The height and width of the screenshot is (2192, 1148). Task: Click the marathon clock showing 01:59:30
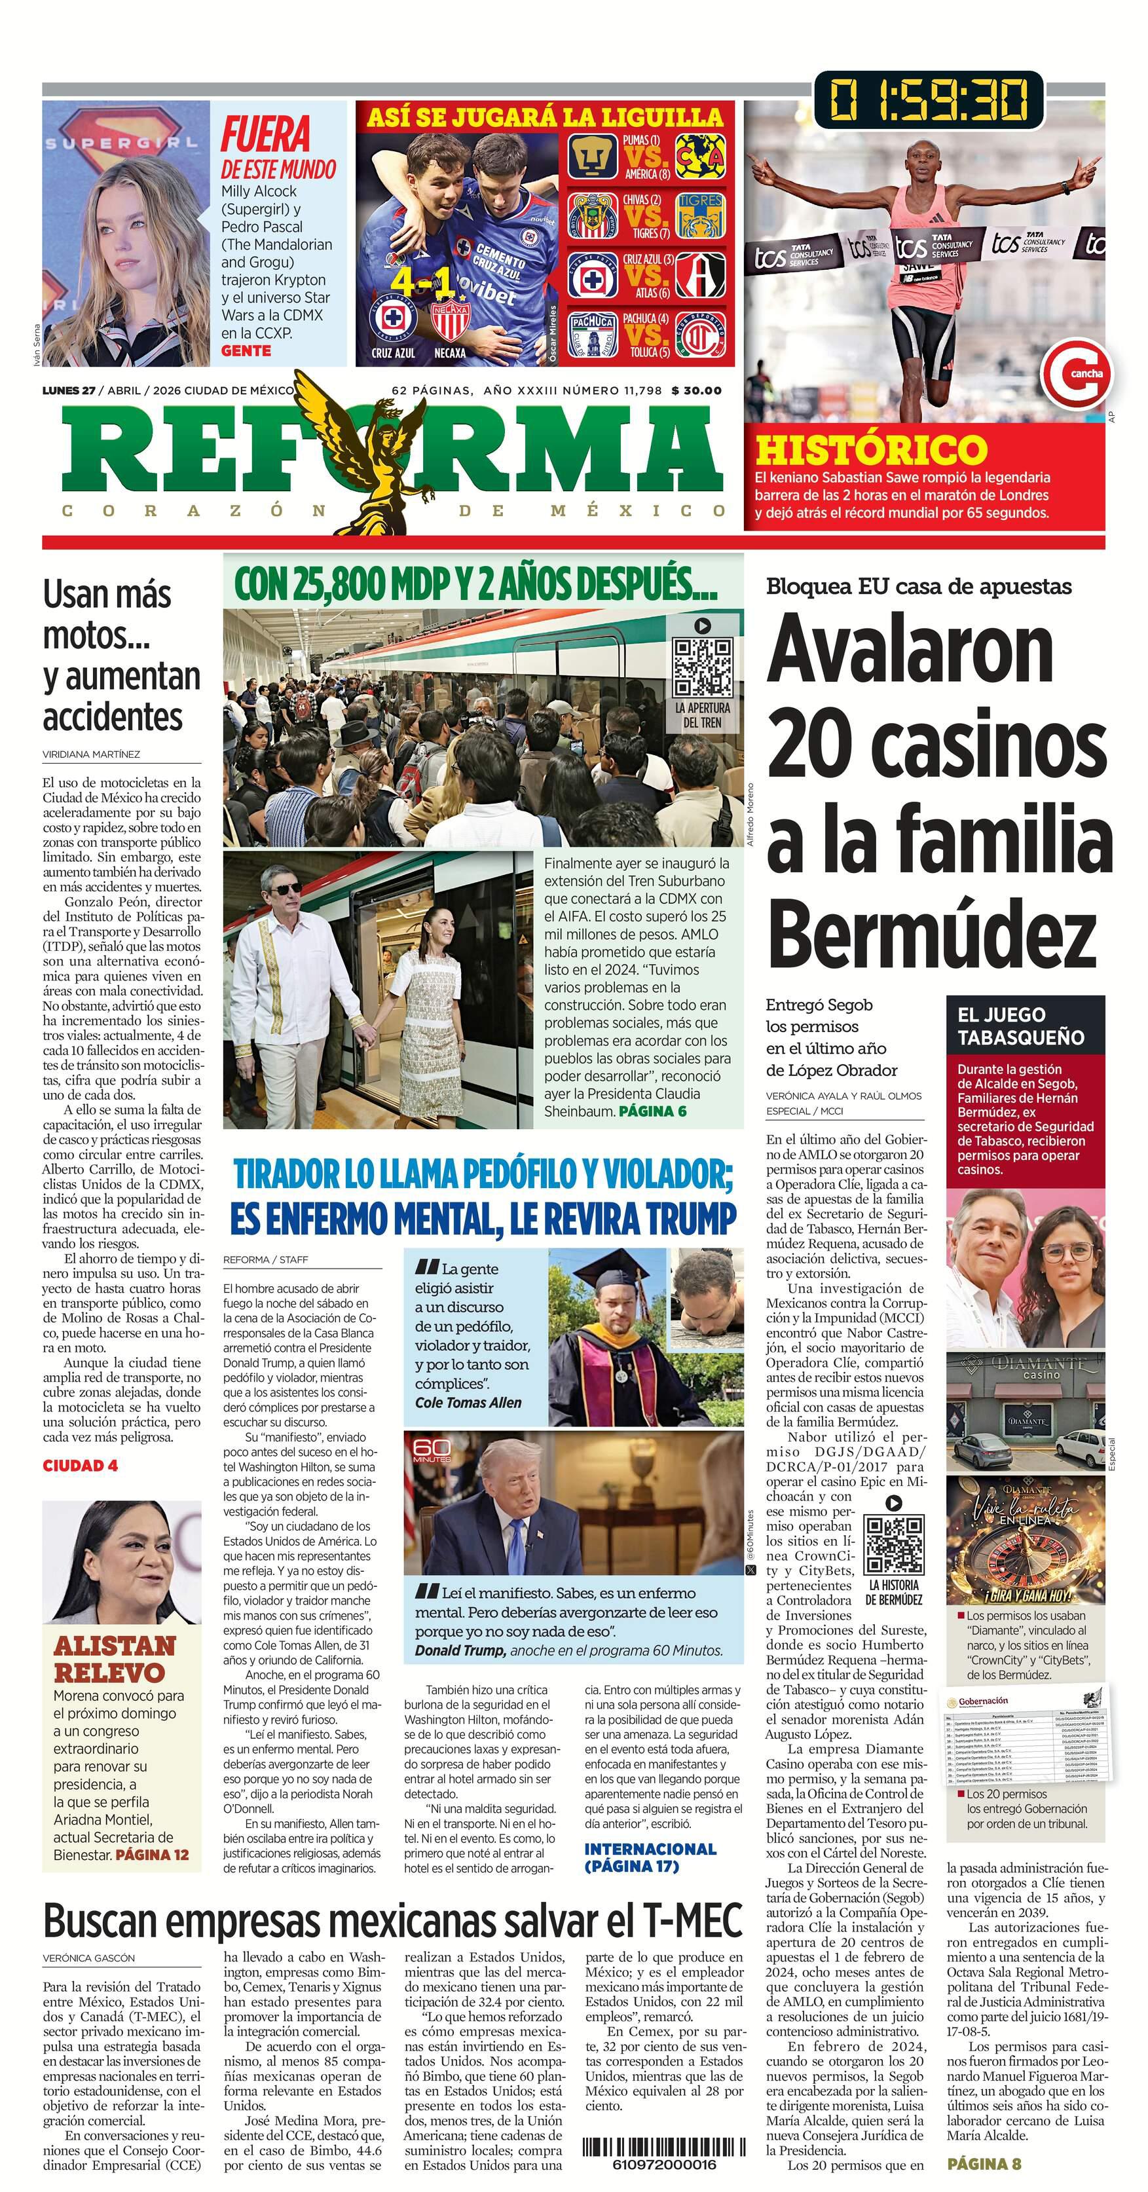[x=929, y=100]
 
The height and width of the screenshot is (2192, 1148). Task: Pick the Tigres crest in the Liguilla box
[x=700, y=215]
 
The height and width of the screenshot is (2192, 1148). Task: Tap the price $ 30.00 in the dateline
[x=696, y=390]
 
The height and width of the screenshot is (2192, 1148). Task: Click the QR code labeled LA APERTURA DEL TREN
[x=702, y=667]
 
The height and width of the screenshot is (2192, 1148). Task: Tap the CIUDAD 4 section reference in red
[x=80, y=1465]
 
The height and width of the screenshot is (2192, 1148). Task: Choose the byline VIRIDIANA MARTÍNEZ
[x=91, y=754]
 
